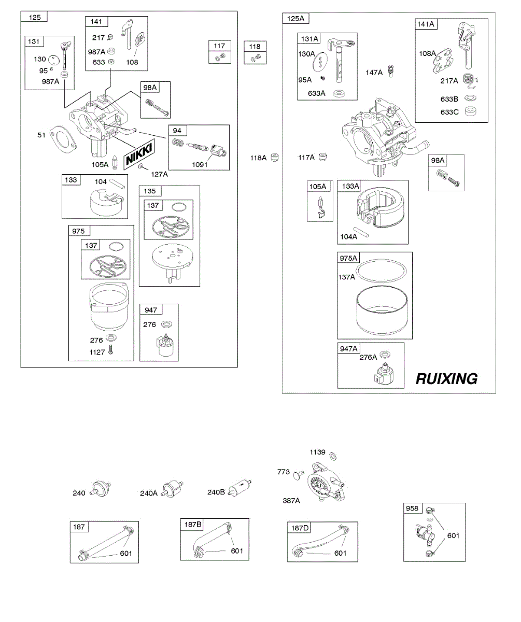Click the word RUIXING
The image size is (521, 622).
point(446,379)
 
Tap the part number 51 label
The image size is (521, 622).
point(41,135)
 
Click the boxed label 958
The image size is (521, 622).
point(413,508)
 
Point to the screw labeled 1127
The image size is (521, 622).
point(110,351)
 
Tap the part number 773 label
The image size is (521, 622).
point(284,472)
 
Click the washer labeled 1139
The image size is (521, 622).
point(334,456)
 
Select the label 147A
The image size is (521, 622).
point(374,73)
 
